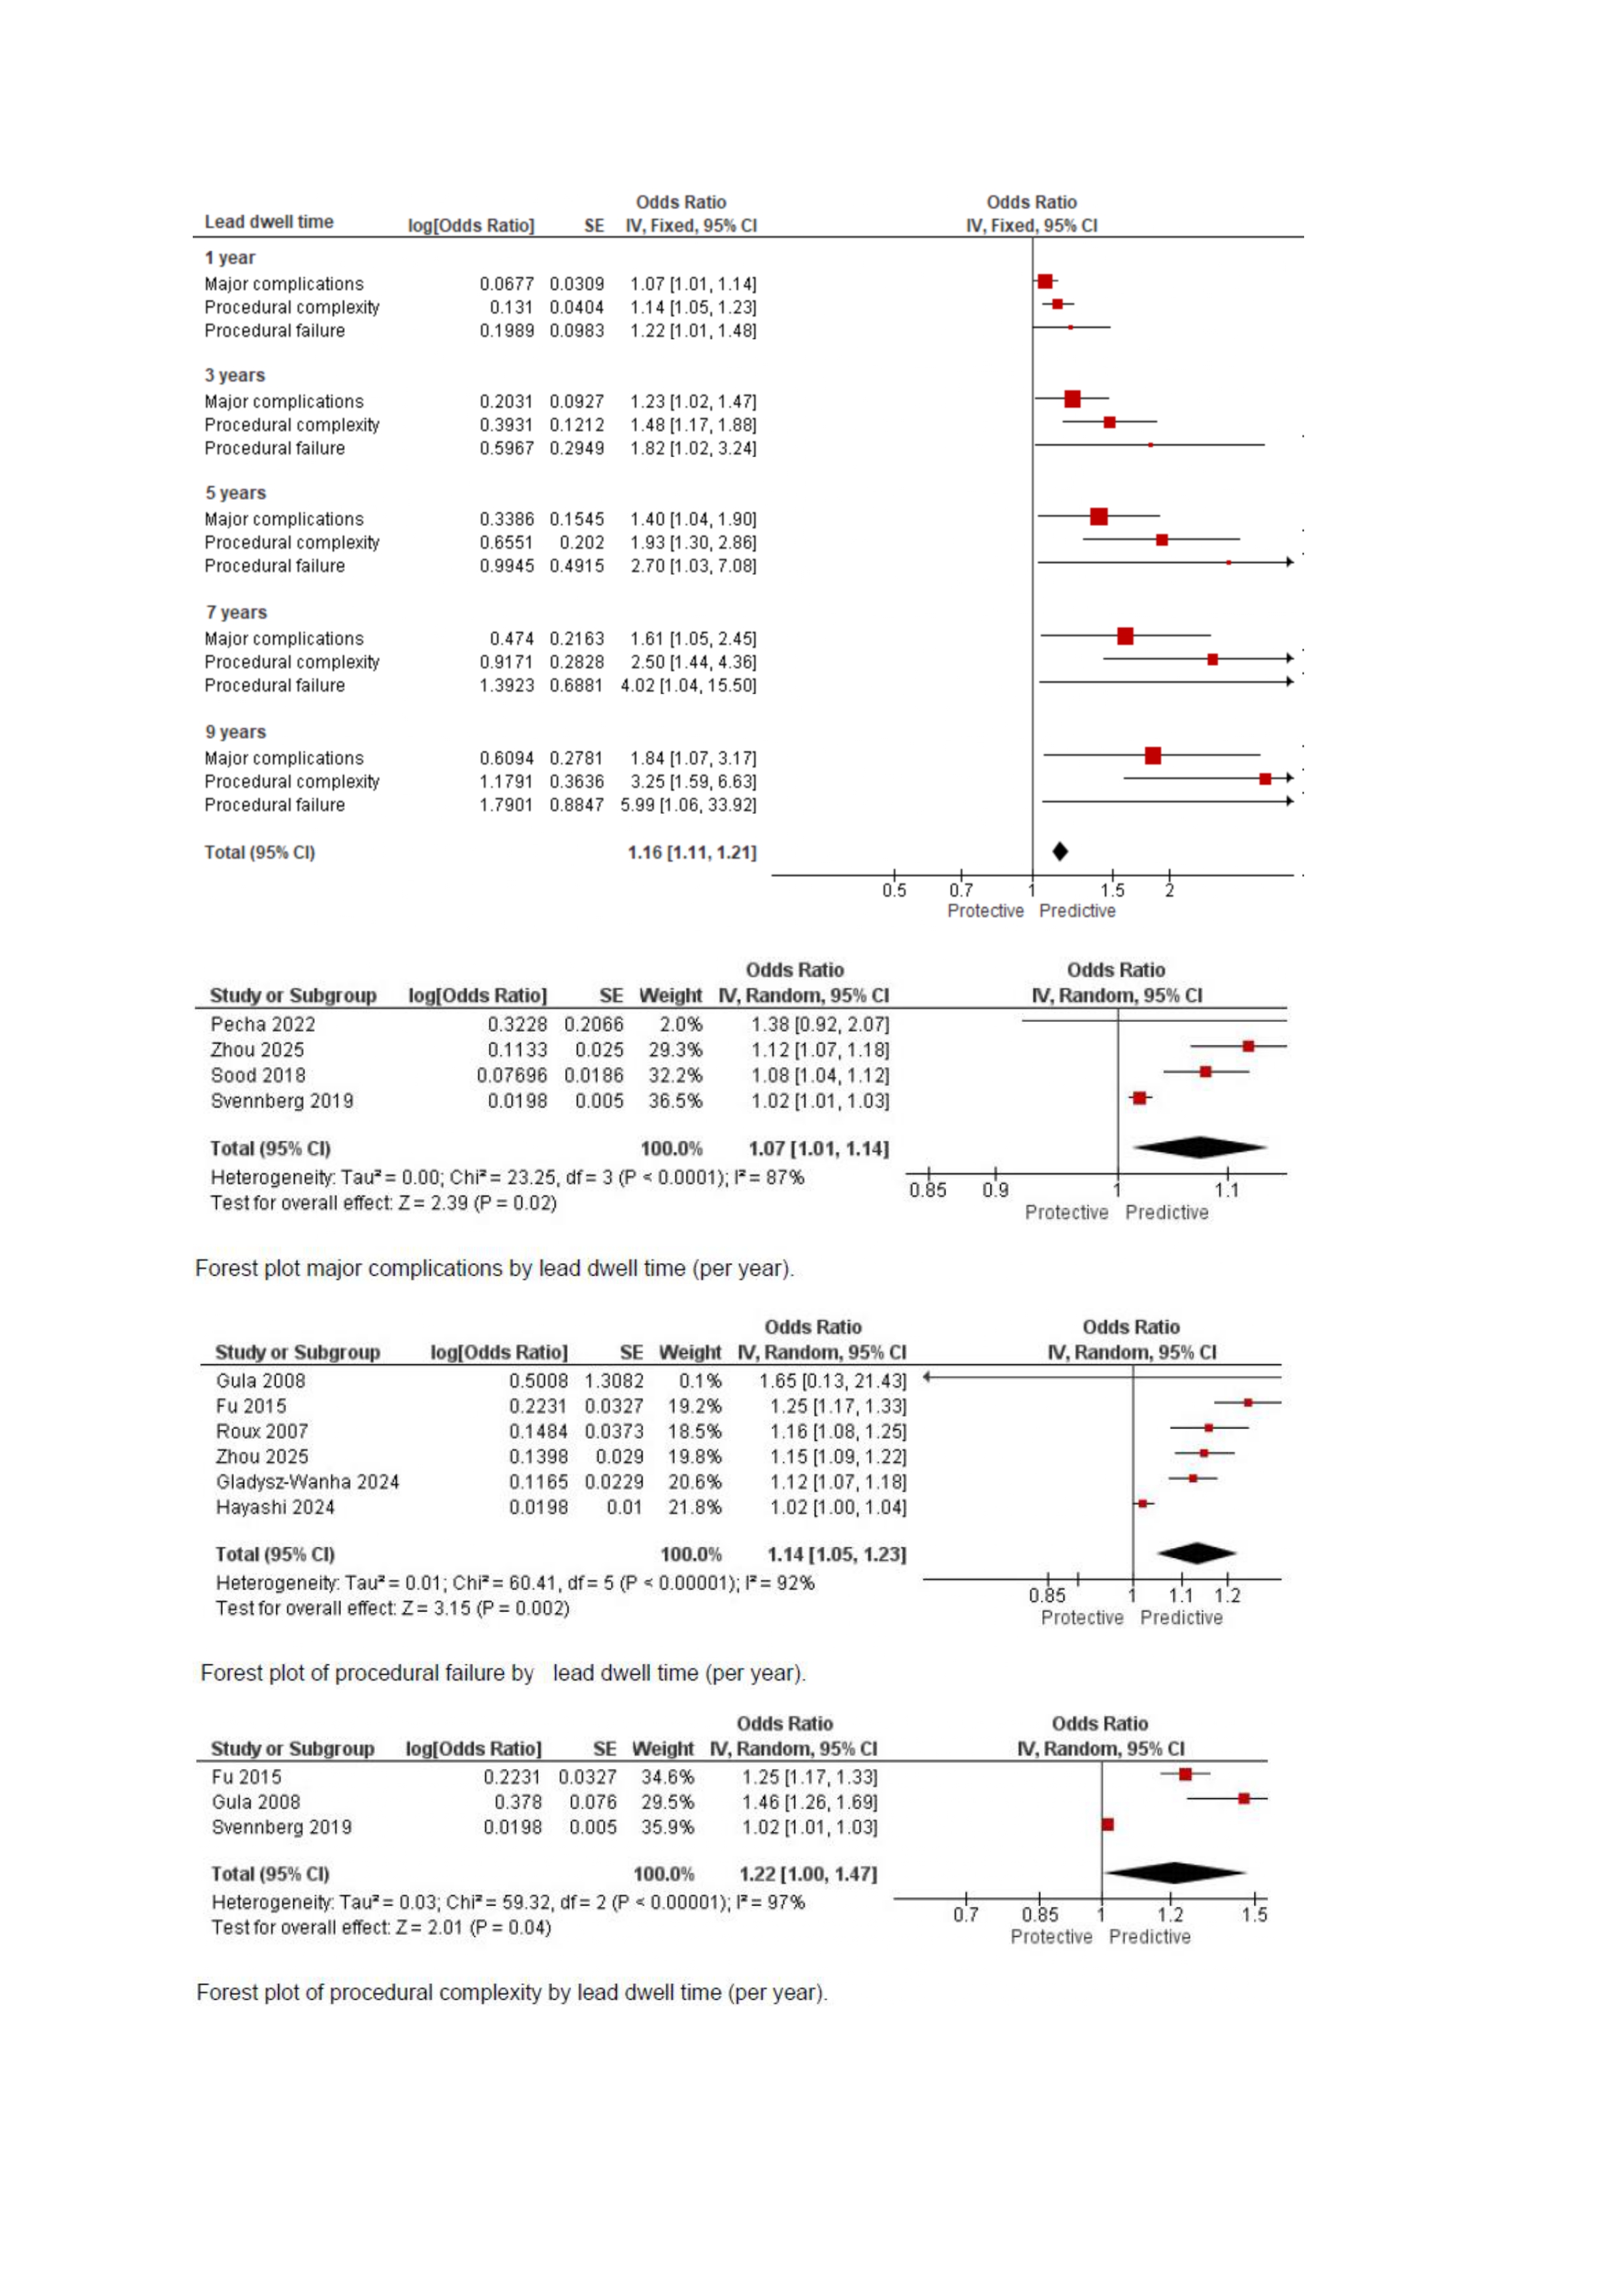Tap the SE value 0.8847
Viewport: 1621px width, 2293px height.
tap(576, 805)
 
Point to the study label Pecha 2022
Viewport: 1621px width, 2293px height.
tap(263, 1024)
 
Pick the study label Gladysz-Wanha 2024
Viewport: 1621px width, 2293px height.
tap(308, 1482)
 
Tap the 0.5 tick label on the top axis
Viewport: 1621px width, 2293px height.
tap(894, 890)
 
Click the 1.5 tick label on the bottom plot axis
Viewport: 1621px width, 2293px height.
tap(1254, 1915)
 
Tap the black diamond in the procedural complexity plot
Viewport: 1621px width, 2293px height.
tap(1175, 1873)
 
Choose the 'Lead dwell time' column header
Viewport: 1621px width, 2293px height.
tap(269, 222)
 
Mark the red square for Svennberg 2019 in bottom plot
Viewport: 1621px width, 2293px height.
tap(1107, 1824)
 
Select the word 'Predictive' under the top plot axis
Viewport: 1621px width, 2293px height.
tap(1077, 911)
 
